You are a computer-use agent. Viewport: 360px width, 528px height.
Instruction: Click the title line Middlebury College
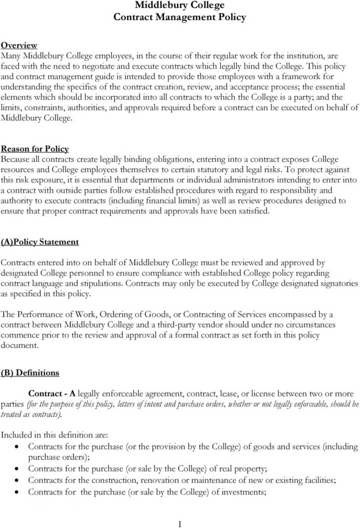pos(180,6)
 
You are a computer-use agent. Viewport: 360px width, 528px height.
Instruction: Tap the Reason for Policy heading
pos(35,149)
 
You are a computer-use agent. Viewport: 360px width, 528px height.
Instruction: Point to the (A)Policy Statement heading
pos(40,242)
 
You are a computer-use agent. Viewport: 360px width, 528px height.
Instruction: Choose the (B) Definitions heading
pos(30,372)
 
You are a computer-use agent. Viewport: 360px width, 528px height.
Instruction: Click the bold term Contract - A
pos(52,393)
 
